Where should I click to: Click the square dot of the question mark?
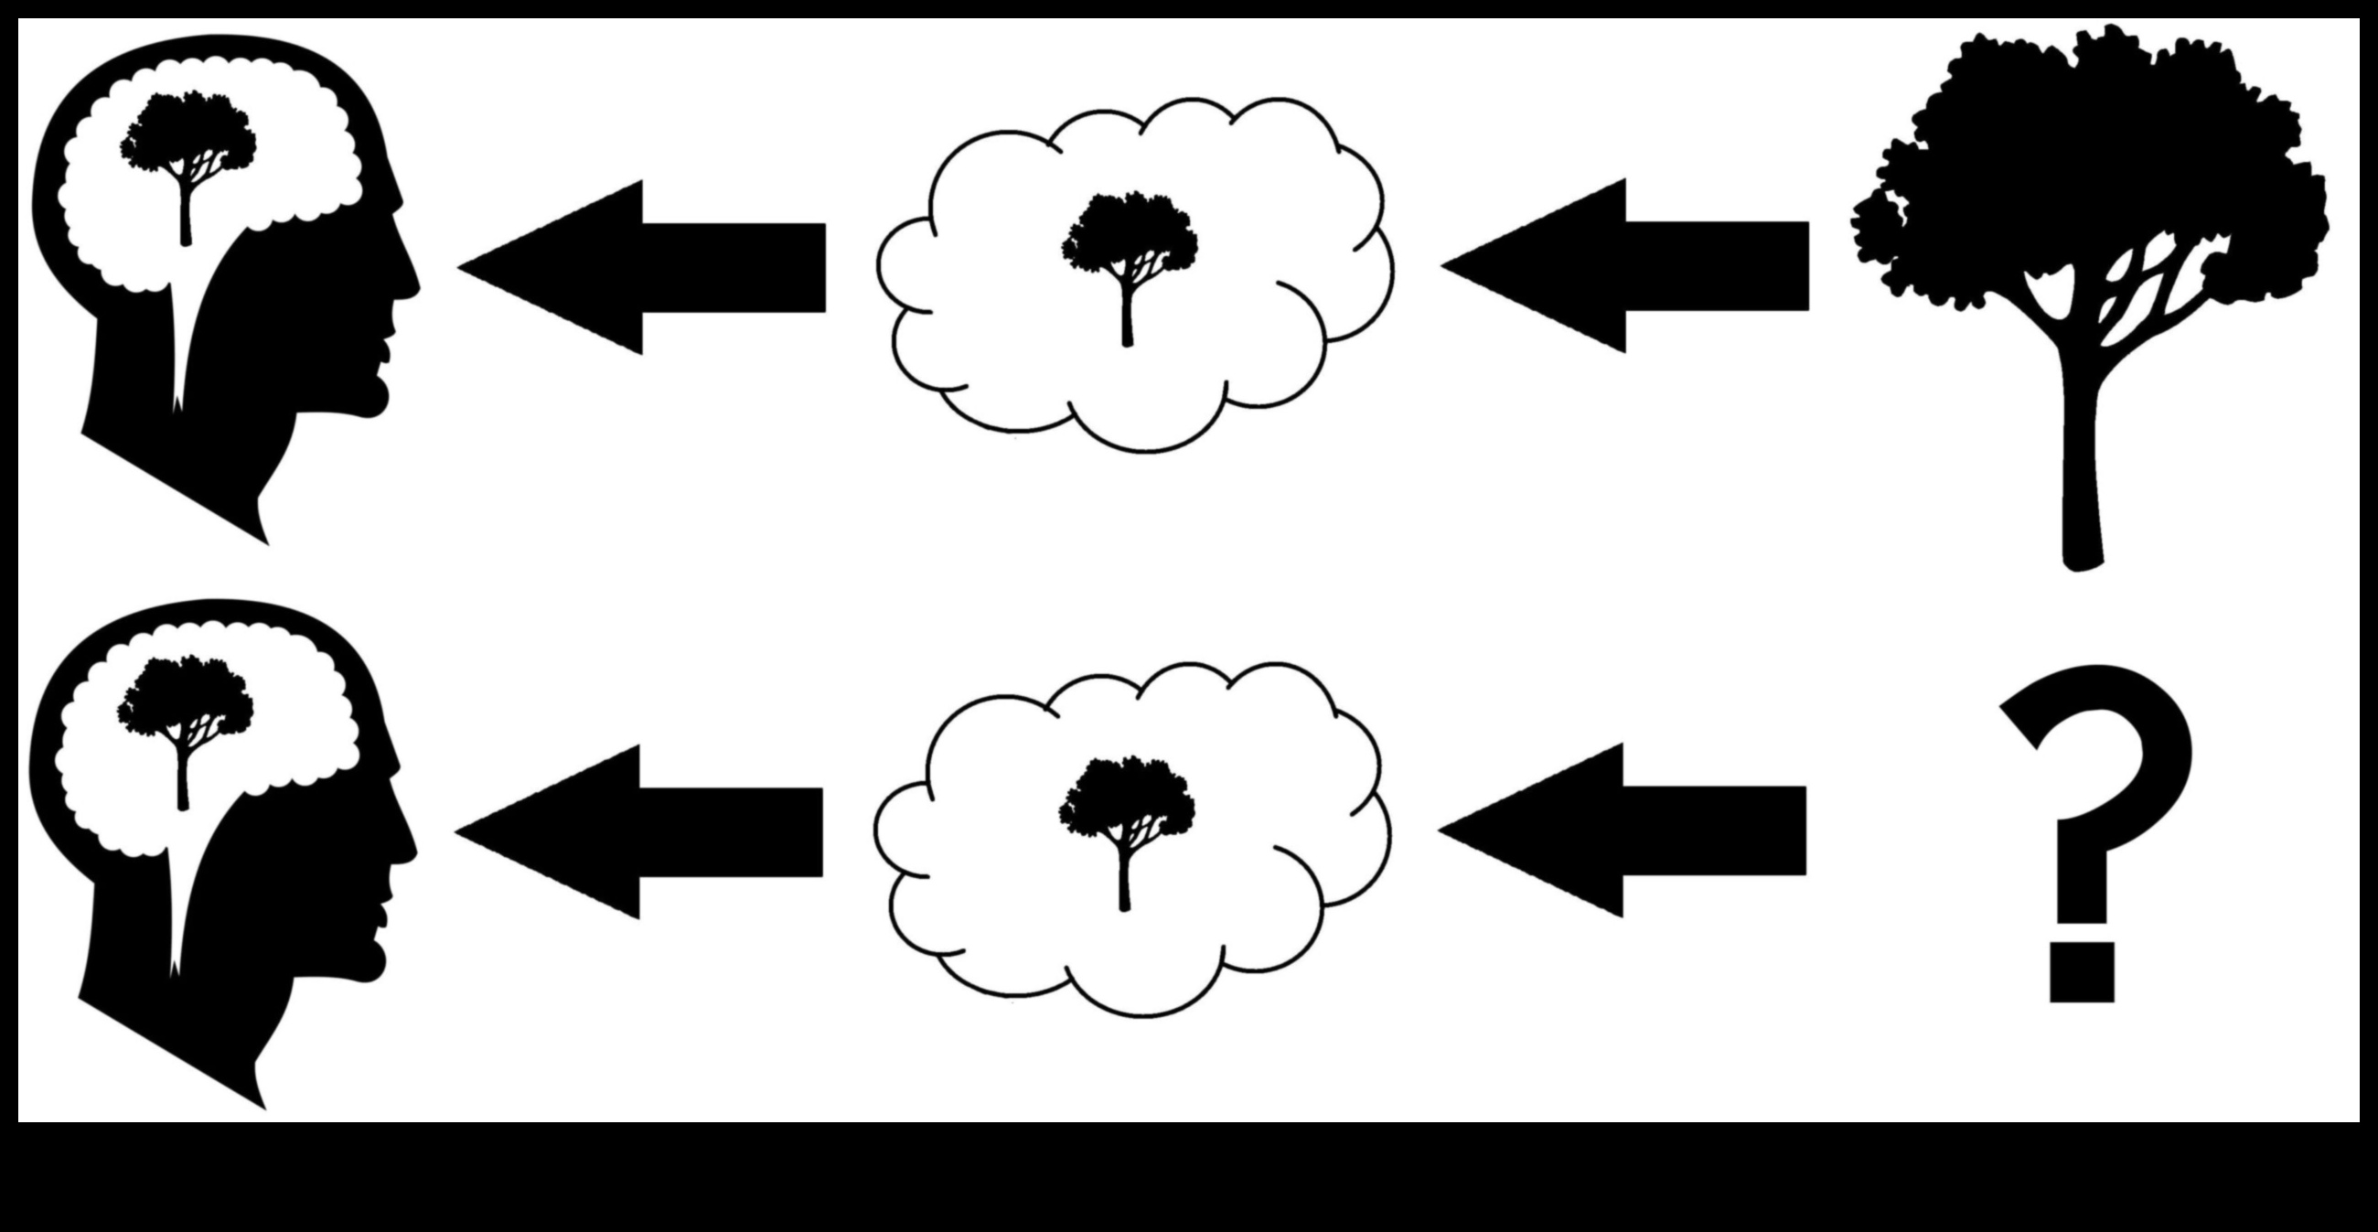click(x=2082, y=970)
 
